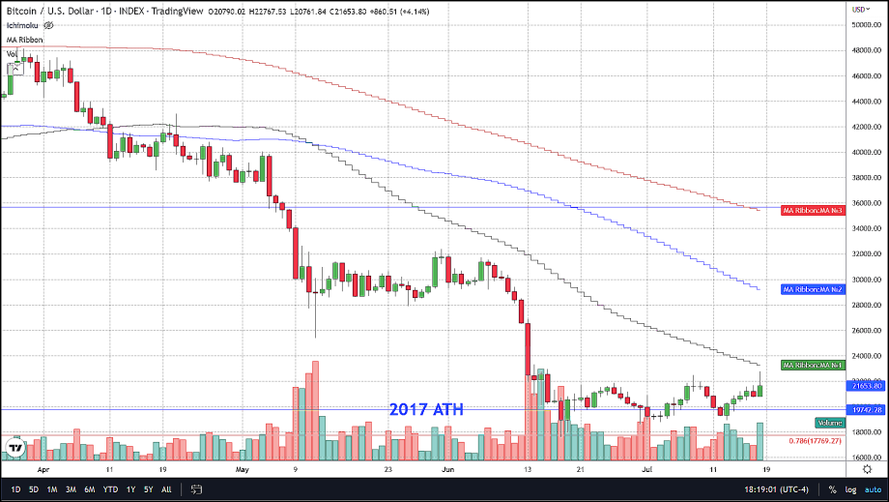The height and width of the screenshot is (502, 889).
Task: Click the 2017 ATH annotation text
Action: [x=426, y=410]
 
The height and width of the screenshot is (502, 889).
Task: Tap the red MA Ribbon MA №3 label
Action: [x=814, y=209]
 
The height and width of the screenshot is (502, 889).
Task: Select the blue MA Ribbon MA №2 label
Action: [x=814, y=289]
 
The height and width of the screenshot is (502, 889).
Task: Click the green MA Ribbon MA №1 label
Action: [x=814, y=365]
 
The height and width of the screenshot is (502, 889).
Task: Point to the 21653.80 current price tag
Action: [x=865, y=386]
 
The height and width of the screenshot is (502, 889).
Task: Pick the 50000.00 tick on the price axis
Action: [x=865, y=24]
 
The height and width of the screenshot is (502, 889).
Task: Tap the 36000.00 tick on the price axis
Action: [x=865, y=203]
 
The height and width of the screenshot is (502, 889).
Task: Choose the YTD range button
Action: [x=111, y=488]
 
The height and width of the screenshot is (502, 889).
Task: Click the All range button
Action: [x=166, y=488]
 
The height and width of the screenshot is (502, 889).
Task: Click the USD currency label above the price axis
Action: [x=858, y=9]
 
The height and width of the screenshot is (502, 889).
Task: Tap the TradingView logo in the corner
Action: [x=16, y=447]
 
